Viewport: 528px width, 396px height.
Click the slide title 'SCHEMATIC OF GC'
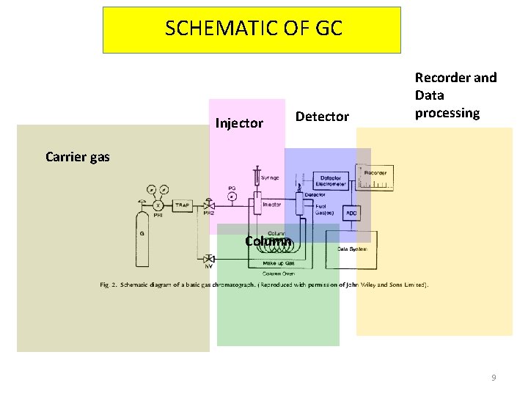[253, 29]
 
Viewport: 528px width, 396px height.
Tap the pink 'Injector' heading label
[239, 123]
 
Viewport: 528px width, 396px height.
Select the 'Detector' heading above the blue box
[322, 117]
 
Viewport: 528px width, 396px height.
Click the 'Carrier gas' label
[78, 156]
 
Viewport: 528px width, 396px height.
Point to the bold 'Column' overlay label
[268, 241]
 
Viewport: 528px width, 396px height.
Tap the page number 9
[494, 378]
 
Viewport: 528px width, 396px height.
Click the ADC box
[351, 213]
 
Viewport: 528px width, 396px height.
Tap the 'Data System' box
[353, 249]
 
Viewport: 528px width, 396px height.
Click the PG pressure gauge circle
[232, 196]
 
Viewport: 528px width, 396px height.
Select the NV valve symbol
[209, 259]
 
